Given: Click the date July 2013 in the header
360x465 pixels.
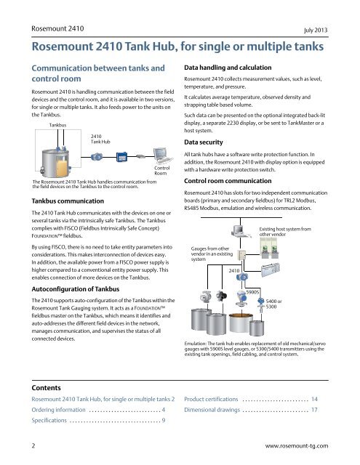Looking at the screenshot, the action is [x=316, y=30].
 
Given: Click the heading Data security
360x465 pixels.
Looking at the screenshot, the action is [x=204, y=142].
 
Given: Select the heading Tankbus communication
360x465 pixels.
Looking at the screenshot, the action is [x=68, y=201].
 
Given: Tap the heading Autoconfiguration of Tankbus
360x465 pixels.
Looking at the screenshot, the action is [x=76, y=289].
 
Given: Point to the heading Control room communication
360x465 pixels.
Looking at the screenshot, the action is [x=228, y=181].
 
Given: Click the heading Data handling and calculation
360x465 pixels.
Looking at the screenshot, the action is [x=228, y=68].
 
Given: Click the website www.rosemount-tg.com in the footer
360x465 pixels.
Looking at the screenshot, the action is [x=297, y=445].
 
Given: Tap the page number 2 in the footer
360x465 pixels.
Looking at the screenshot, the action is [x=33, y=445].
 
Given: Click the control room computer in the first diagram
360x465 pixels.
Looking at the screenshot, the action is [x=162, y=155].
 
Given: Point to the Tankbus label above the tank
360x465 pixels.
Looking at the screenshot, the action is [x=57, y=125].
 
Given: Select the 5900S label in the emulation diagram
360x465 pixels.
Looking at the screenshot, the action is [x=252, y=292].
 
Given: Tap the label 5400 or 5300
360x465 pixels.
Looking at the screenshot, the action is [x=273, y=304].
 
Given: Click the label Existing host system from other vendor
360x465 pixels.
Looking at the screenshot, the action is [x=285, y=232].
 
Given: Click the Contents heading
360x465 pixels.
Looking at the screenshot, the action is [x=46, y=388].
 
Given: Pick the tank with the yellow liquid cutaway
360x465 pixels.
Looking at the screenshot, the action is [x=56, y=163].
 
